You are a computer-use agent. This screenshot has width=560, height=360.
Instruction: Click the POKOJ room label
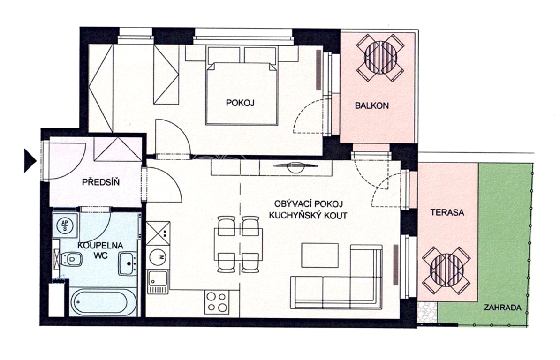pos(240,103)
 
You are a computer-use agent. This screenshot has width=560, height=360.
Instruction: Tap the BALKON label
pos(371,105)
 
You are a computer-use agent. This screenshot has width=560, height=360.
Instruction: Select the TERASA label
pos(447,213)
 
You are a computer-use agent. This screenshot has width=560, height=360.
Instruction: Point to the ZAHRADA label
pos(502,307)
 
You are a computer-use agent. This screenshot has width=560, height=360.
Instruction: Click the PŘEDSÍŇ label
pos(101,182)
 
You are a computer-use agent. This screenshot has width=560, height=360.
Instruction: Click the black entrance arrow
pos(30,161)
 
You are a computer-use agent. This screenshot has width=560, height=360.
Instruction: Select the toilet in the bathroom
pos(70,259)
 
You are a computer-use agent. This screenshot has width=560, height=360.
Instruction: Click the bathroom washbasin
pos(128,263)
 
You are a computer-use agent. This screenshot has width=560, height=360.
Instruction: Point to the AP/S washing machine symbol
pos(65,225)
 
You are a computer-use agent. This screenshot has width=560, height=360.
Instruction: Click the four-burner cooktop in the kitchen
pos(217,302)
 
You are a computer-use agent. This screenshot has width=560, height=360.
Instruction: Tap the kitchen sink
pos(158,282)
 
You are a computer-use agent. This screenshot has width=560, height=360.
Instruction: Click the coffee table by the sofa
pos(320,255)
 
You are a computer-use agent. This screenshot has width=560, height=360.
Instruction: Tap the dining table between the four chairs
pos(239,244)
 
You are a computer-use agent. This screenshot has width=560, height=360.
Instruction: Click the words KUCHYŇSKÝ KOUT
pos(308,216)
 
